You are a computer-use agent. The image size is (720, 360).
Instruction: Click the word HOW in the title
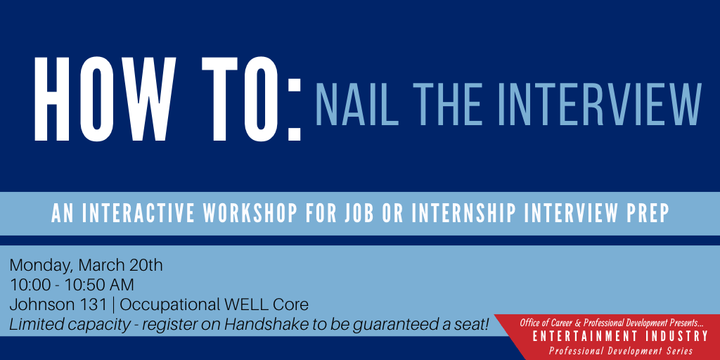point(105,98)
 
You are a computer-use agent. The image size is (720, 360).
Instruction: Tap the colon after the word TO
point(295,110)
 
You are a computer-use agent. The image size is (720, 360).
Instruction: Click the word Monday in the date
point(41,266)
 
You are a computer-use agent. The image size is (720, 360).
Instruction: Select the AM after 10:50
point(122,285)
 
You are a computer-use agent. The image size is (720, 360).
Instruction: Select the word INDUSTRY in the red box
point(679,337)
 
